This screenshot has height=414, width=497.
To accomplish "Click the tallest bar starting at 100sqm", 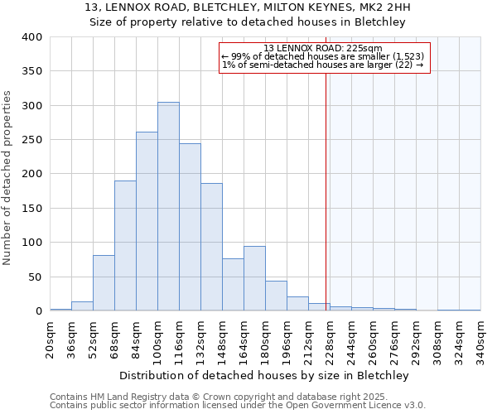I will (168, 206).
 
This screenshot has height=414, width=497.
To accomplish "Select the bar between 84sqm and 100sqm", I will (147, 221).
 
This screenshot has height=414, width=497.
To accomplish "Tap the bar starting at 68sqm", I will (125, 246).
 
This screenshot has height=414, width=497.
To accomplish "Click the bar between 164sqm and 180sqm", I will (254, 278).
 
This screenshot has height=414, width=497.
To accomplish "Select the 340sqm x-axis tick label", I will (481, 339).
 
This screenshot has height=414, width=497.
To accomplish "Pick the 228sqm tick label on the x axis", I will (331, 339).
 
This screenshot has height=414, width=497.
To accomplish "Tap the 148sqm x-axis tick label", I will (223, 339).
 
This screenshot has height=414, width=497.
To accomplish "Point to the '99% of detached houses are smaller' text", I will (323, 56).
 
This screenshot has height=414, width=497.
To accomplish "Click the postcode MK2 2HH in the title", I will (387, 7).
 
